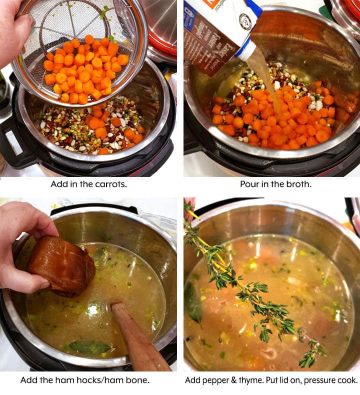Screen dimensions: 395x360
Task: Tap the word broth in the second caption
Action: click(294, 183)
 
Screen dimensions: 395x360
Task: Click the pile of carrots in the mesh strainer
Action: click(82, 70)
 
